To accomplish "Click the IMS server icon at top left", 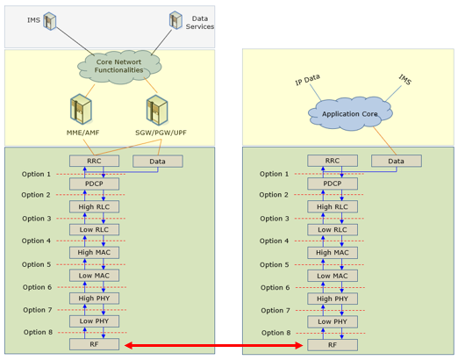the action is click(50, 21).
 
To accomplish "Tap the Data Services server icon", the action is click(175, 20).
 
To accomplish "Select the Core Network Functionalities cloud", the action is click(119, 67).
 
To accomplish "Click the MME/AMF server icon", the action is click(81, 109).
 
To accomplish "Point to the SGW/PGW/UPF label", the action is click(161, 133).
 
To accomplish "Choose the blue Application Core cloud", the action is click(350, 113).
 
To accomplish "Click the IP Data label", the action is click(307, 80).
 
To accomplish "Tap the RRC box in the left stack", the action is click(94, 161).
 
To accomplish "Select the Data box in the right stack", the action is click(397, 161).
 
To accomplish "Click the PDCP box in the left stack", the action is click(94, 184).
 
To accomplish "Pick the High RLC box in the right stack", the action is click(333, 206).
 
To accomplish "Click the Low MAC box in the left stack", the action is click(94, 276).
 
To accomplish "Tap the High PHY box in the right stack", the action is click(333, 299).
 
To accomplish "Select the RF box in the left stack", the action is click(94, 344).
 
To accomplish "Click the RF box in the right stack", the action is click(333, 345).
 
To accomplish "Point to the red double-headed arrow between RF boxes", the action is click(213, 346).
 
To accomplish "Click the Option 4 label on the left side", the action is click(36, 241).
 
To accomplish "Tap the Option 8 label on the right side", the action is click(276, 333).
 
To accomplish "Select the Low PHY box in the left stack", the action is click(94, 321).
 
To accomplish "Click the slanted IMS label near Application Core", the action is click(405, 80).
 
